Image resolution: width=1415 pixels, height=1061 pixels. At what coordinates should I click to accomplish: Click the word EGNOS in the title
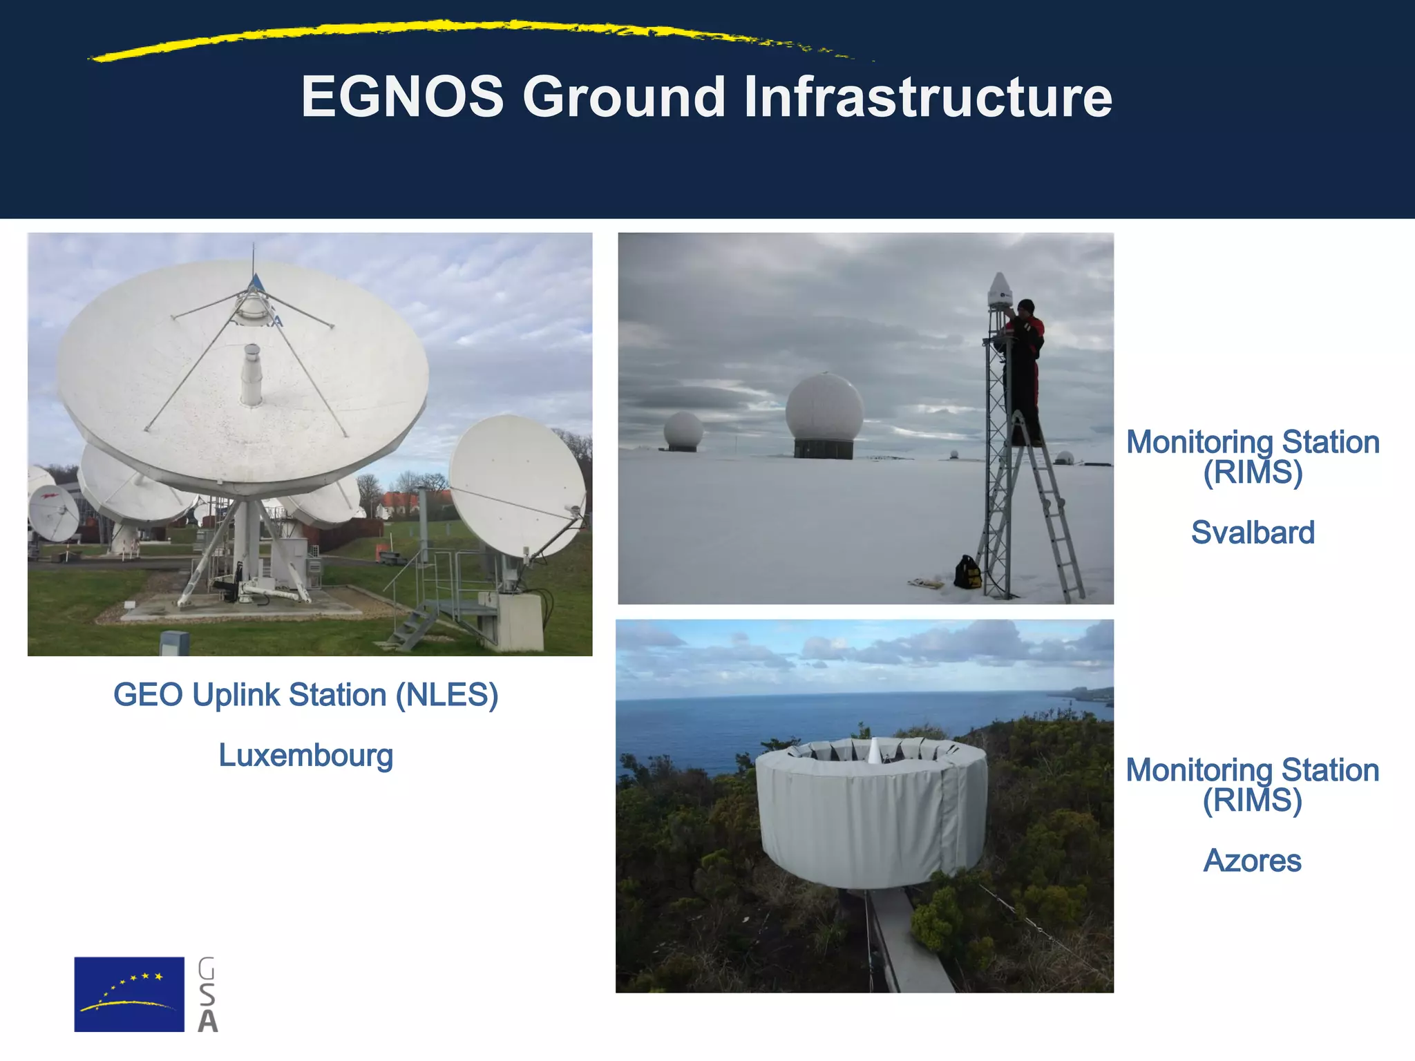point(402,97)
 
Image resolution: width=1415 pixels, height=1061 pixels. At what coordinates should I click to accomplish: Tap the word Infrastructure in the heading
point(927,97)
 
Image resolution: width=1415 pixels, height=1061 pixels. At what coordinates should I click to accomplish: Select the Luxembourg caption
point(305,755)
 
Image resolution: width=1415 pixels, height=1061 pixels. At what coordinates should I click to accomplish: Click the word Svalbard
point(1252,533)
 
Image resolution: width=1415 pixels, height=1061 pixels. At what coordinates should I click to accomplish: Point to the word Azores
point(1252,861)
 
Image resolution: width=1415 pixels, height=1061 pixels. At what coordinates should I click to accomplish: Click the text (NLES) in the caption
point(446,695)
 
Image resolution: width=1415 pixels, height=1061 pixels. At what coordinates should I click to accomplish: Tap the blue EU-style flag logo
point(129,994)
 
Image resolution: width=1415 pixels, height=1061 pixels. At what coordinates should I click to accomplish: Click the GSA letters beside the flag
point(207,995)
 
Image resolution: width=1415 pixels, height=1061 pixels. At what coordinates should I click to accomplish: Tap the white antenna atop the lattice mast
point(999,289)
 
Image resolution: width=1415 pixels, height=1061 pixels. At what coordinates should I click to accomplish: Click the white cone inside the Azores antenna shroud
point(874,751)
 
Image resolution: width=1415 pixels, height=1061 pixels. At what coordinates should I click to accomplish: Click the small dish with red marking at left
point(53,513)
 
